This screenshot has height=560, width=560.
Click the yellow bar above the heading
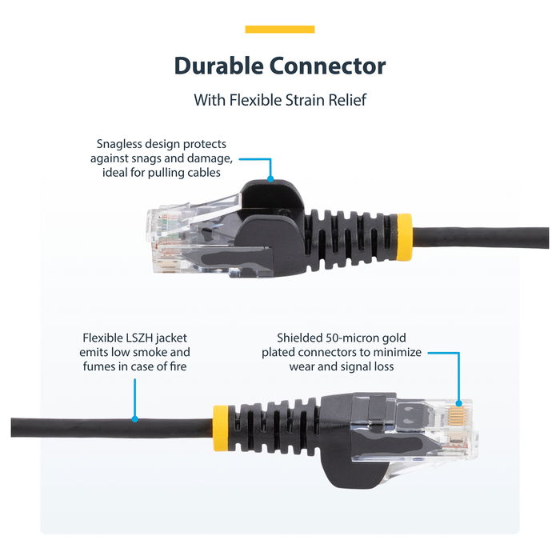click(279, 30)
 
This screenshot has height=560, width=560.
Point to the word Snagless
click(124, 144)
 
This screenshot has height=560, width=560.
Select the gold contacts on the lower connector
click(458, 416)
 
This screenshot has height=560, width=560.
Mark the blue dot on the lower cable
click(134, 418)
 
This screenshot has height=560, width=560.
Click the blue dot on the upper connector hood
click(271, 178)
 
